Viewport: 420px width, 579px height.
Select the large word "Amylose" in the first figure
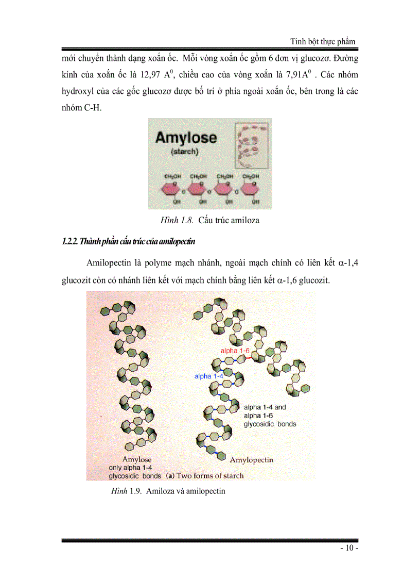186,138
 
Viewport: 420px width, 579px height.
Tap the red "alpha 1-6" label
235,351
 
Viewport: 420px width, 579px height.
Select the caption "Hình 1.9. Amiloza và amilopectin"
168,491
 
